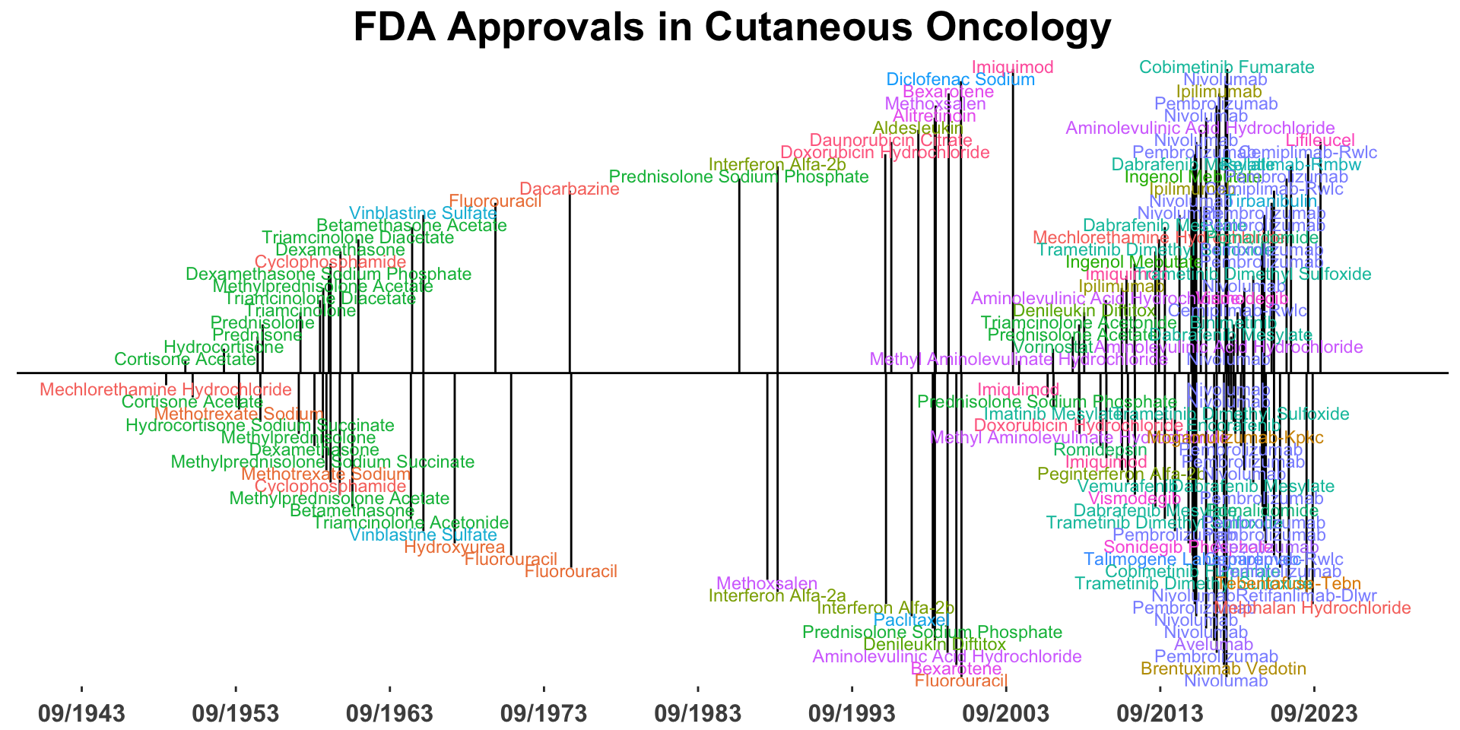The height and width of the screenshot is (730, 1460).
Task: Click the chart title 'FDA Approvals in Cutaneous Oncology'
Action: [732, 27]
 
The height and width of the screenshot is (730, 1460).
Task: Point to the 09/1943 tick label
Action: [81, 714]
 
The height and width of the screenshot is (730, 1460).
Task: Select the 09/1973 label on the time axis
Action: [544, 714]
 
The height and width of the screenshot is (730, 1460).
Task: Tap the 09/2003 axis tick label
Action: [1006, 714]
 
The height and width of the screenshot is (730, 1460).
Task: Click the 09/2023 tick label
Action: [1314, 714]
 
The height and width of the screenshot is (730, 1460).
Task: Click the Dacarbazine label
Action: [570, 189]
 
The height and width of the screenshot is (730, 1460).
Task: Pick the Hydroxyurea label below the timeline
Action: [455, 547]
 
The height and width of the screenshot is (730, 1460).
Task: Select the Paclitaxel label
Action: [912, 620]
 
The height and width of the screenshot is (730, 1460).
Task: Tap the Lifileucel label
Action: [1320, 141]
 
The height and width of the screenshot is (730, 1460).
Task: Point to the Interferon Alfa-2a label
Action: [767, 596]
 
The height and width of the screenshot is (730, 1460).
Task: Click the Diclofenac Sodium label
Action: [960, 80]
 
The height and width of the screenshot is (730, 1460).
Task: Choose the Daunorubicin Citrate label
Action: [891, 141]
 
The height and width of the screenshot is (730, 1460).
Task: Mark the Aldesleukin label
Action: [918, 129]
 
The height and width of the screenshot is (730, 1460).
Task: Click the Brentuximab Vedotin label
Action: [1224, 669]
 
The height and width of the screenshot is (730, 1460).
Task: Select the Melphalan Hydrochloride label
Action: [1312, 608]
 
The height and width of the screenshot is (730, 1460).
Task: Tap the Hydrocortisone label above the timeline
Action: [224, 348]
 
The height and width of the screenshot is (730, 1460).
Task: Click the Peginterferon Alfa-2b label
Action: [1106, 474]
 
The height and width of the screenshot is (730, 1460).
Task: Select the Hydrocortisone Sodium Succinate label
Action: [260, 426]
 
